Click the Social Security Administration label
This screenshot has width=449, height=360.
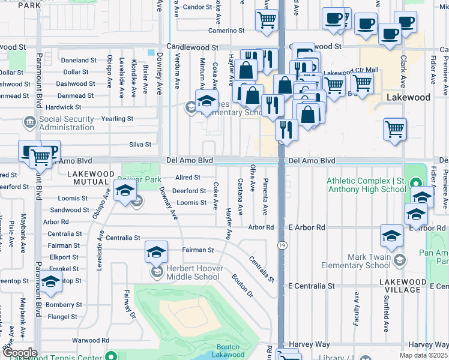click(x=66, y=123)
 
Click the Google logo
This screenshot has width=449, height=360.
click(x=19, y=352)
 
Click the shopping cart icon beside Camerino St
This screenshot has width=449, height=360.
click(x=267, y=20)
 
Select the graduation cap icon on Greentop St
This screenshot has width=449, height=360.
click(x=50, y=281)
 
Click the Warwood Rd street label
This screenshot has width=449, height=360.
click(x=90, y=340)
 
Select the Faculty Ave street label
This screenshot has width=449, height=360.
click(x=357, y=308)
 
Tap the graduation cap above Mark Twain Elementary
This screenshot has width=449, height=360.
click(x=391, y=236)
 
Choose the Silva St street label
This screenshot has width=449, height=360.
click(x=140, y=144)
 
